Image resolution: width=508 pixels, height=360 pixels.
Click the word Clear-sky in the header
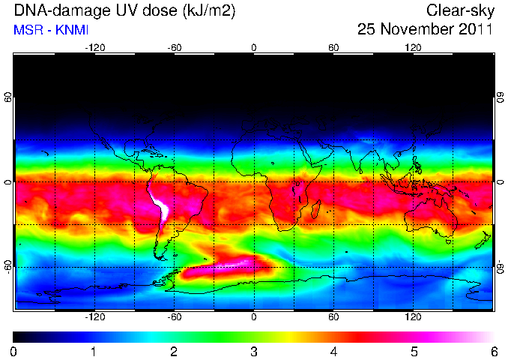click(x=460, y=10)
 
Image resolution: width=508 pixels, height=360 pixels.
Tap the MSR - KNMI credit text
click(x=51, y=30)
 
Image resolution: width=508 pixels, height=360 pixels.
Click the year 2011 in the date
click(x=476, y=28)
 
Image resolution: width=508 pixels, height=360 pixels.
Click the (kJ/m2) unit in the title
click(x=208, y=10)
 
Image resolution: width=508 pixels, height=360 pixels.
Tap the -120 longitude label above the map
click(x=95, y=48)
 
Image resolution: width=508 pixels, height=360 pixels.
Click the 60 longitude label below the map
click(x=333, y=316)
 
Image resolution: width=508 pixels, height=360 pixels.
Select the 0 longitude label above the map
click(x=254, y=48)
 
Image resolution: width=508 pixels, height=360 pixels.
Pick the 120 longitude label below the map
click(x=413, y=316)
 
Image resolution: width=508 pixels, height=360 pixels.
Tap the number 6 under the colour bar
click(x=494, y=352)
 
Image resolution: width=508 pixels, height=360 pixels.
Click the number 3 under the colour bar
click(x=254, y=352)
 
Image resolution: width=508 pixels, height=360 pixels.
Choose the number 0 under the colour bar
click(x=13, y=352)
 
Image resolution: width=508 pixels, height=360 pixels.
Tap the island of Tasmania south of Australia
click(x=448, y=241)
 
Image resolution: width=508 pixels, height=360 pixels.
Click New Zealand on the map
click(x=483, y=240)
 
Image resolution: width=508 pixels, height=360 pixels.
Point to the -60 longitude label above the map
click(x=175, y=48)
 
